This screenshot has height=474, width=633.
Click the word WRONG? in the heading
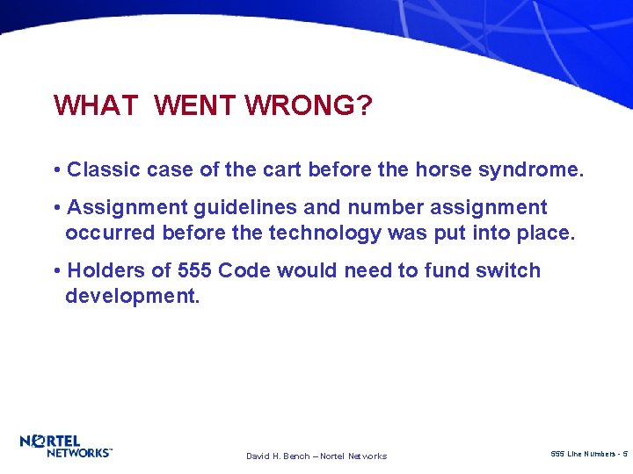coord(309,105)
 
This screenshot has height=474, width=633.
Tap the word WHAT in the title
coord(96,105)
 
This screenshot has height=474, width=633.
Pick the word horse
coord(440,169)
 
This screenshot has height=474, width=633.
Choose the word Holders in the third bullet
coord(105,270)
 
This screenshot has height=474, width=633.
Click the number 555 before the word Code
coord(194,270)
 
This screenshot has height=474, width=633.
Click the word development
coord(132,296)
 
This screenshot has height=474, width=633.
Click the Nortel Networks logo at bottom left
coord(66,446)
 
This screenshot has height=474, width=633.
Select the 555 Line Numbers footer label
coord(588,454)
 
